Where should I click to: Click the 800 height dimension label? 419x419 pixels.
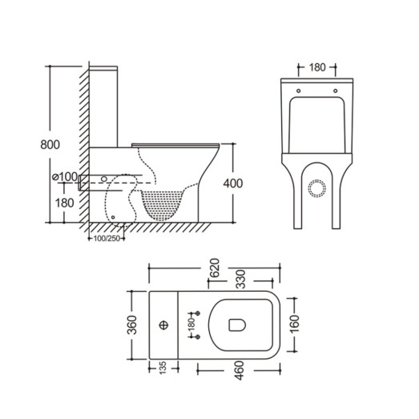point(49,145)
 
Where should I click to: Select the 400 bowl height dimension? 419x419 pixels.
point(232,183)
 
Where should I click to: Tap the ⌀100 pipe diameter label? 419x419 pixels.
point(63,176)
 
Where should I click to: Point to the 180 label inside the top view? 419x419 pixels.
point(191,324)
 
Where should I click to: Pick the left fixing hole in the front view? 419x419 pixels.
point(298,91)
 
